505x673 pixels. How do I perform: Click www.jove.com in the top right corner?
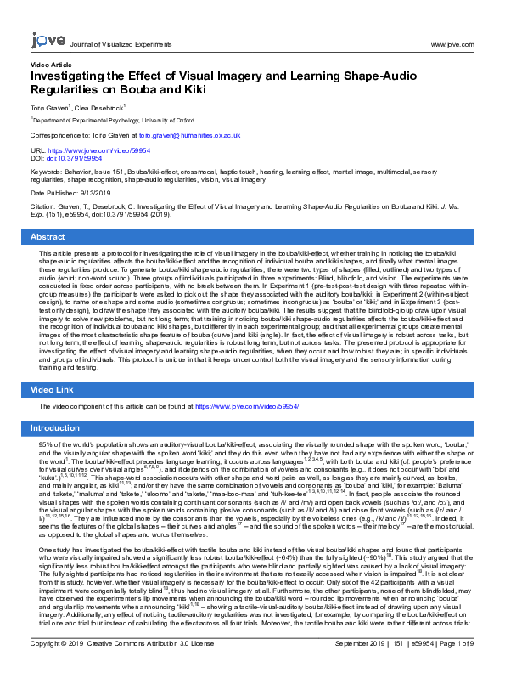click(452, 43)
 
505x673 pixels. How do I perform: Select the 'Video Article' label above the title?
click(51, 65)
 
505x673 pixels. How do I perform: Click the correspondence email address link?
click(190, 135)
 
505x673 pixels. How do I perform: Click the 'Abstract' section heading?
click(48, 237)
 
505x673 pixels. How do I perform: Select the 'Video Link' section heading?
click(53, 389)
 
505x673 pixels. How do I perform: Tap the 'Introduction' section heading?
click(55, 428)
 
